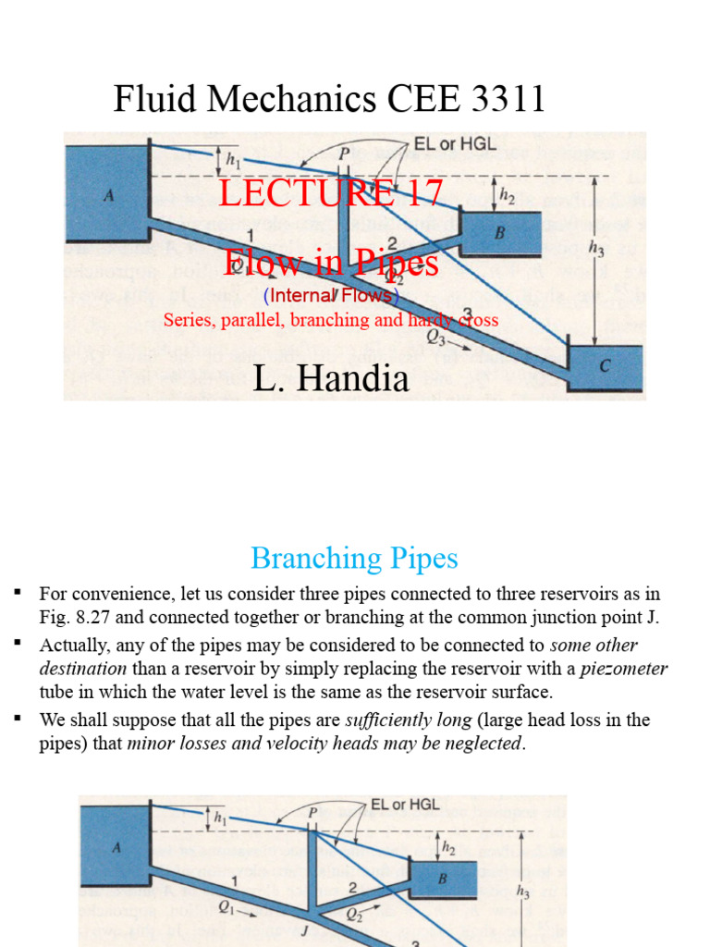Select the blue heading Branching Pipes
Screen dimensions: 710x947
point(354,559)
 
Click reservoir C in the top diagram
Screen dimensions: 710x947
point(604,366)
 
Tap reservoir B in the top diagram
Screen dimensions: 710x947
point(500,233)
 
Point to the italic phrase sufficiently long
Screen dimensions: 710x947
point(401,719)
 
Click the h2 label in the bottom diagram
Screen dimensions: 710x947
point(449,847)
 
